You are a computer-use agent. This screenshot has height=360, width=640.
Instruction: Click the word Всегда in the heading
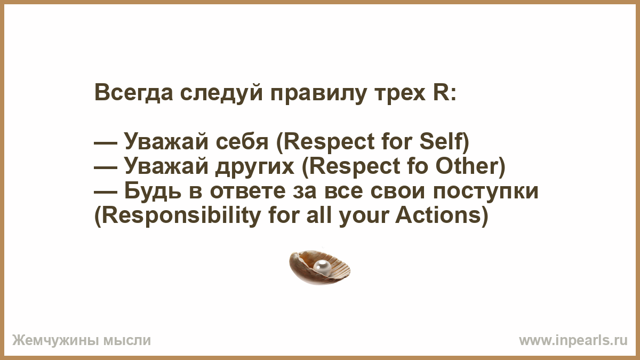(x=134, y=93)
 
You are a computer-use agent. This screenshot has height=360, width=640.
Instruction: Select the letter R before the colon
(x=440, y=92)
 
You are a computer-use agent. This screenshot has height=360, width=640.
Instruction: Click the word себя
(x=242, y=142)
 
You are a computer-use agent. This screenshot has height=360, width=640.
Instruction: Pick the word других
(x=255, y=167)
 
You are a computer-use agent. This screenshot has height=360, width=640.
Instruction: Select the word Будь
(x=153, y=191)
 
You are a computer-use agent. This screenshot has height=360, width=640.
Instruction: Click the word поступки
(x=486, y=192)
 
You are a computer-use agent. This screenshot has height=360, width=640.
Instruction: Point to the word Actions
(x=438, y=215)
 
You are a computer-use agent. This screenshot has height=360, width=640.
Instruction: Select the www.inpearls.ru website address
(x=573, y=341)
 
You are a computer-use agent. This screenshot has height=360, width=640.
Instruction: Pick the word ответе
(x=247, y=192)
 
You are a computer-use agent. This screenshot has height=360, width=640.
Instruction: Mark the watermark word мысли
(x=127, y=341)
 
